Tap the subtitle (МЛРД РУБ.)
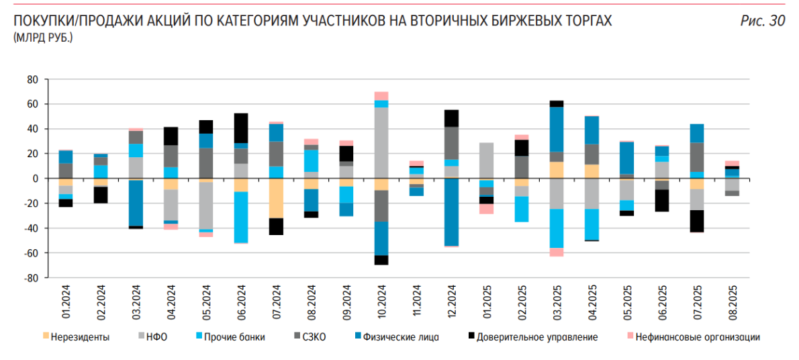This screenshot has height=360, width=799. pos(42,38)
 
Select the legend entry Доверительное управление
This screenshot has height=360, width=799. pos(537,337)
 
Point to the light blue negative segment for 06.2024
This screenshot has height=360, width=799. pos(241,217)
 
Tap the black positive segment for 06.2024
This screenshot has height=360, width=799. pos(241,128)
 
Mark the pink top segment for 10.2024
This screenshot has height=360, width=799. pos(381,95)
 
